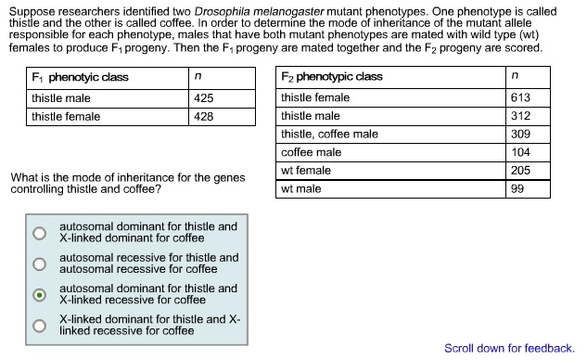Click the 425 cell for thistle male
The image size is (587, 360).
pos(204,97)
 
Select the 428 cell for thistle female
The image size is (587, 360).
pos(204,116)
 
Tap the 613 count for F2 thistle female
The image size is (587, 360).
pos(520,97)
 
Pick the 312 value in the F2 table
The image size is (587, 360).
pos(520,116)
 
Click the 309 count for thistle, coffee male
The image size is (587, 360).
pos(520,135)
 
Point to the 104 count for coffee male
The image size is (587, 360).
pos(520,152)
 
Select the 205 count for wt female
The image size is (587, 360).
pos(520,171)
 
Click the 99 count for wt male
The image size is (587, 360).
pos(517,188)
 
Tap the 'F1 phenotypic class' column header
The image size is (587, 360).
pos(81,77)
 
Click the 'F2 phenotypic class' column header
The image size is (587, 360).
pos(331,76)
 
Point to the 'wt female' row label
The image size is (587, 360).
pos(306,171)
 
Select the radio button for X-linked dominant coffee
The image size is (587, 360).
pos(39,233)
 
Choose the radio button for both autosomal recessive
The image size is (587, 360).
pos(39,264)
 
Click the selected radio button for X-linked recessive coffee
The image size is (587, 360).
pos(39,295)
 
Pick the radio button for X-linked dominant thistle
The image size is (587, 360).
pos(39,326)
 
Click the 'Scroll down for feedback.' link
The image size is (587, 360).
pos(509,348)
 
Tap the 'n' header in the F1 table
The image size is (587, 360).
pos(198,77)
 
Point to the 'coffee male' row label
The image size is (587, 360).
pos(311,152)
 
